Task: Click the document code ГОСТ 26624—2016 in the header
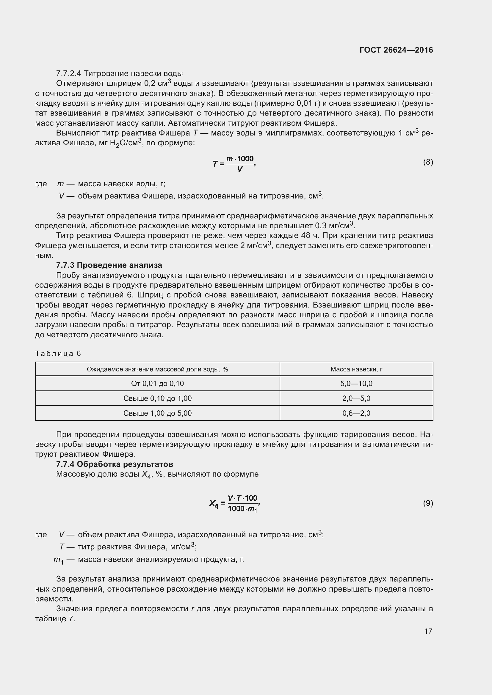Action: click(396, 50)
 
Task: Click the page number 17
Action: click(428, 631)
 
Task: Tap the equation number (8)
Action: click(428, 162)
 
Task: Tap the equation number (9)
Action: click(428, 503)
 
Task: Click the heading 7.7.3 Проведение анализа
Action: click(109, 265)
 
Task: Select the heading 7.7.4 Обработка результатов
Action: click(115, 464)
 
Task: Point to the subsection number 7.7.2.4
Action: click(69, 74)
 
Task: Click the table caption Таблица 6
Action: click(58, 354)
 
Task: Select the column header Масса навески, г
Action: click(356, 369)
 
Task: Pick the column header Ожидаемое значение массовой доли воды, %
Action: click(157, 369)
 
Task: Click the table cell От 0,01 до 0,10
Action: click(157, 384)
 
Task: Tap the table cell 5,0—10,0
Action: click(356, 384)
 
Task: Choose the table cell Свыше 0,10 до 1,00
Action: click(157, 398)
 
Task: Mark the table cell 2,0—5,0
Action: click(356, 398)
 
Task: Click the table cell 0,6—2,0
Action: click(356, 413)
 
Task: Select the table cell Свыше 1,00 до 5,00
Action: click(157, 413)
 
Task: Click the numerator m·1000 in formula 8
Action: click(240, 159)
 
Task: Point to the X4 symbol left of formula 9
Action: click(214, 504)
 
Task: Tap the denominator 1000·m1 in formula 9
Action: click(242, 509)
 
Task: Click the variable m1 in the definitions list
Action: click(58, 560)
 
